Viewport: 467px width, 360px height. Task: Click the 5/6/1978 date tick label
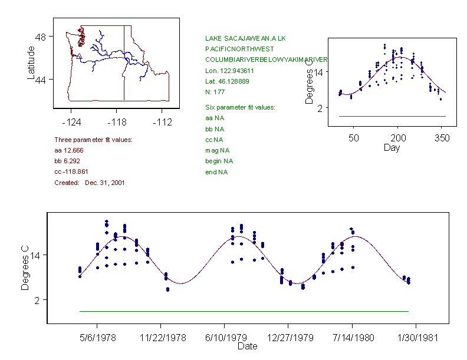(x=97, y=338)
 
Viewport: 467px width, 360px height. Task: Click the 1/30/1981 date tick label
(x=416, y=338)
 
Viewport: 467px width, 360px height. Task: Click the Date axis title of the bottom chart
(x=247, y=346)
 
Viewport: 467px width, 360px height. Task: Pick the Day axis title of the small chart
(x=392, y=148)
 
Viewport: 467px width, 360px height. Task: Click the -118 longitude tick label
(x=116, y=122)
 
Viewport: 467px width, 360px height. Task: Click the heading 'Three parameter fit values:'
(x=93, y=140)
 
